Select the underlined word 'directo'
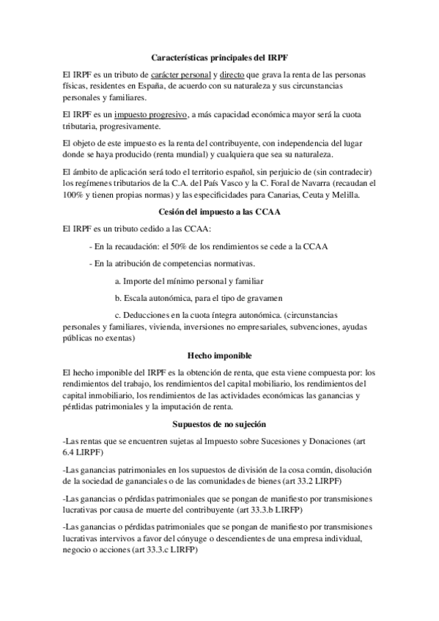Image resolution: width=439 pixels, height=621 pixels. coord(232,75)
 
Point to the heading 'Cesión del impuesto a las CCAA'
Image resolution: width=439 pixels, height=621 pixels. coord(220,212)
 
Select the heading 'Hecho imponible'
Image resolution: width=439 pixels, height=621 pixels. coord(220,355)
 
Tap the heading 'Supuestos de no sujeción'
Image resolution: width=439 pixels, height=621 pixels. coord(220,424)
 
